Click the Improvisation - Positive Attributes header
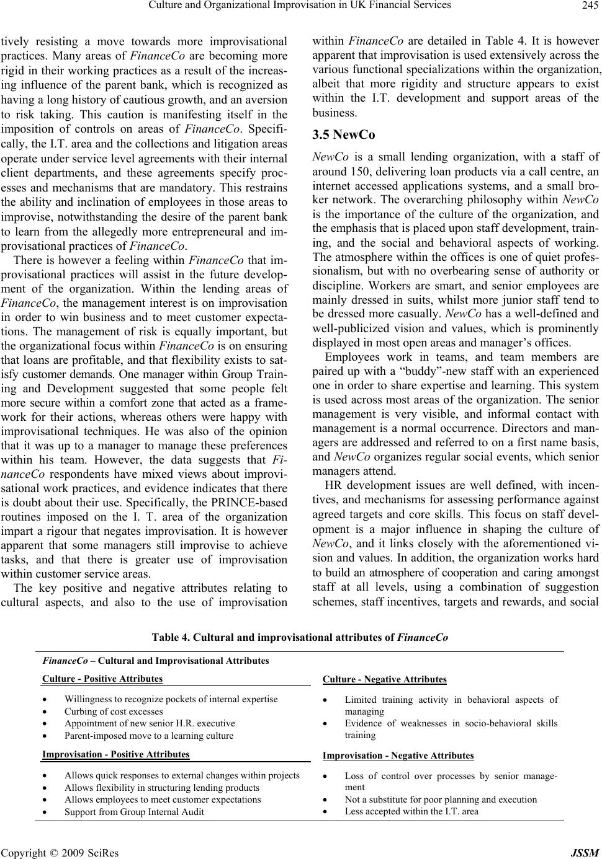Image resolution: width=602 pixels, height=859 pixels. (x=115, y=754)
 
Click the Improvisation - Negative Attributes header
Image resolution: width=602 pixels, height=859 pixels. (x=398, y=755)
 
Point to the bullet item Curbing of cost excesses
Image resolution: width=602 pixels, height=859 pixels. (x=114, y=711)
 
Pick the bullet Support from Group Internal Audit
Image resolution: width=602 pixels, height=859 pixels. (x=134, y=811)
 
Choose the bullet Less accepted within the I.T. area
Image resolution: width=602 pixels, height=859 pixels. (x=411, y=811)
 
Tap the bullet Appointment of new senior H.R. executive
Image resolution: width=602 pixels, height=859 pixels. (x=150, y=723)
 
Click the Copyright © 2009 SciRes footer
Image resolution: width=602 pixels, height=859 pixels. (x=60, y=853)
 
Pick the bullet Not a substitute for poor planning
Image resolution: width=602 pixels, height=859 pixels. (x=441, y=799)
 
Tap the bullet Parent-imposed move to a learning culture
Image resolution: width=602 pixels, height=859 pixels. (x=149, y=735)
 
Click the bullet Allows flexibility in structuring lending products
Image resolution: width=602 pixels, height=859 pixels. (x=162, y=788)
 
